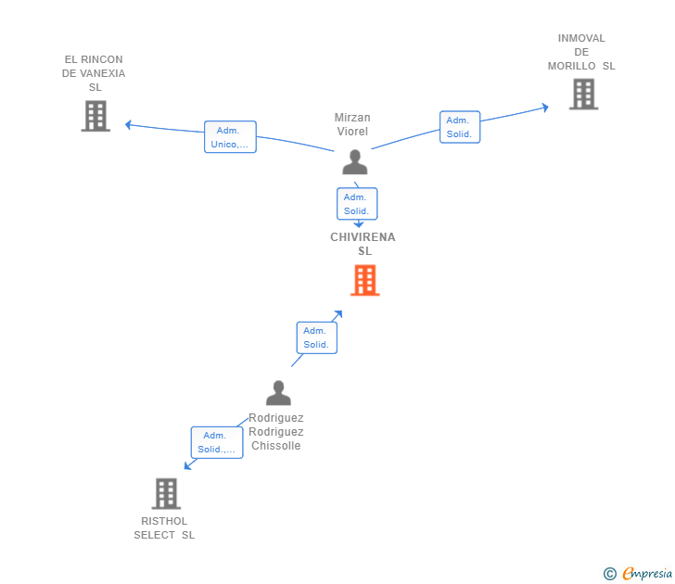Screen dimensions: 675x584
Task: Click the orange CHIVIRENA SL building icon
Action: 365,280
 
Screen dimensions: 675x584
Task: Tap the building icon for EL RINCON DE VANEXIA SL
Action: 96,116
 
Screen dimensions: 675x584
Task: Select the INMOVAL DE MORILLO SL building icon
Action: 584,94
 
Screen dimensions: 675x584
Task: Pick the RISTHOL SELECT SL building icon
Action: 166,494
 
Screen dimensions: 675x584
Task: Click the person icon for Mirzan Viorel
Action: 355,162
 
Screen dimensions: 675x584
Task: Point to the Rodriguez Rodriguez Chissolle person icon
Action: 278,393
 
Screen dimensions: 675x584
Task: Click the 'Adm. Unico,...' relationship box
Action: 230,137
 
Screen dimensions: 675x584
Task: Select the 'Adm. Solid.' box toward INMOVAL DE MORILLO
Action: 460,127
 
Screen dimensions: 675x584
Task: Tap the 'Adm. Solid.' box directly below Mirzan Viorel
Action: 357,204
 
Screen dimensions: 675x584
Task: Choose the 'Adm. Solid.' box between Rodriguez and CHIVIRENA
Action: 317,337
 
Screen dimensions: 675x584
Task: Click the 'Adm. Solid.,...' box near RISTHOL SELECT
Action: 217,442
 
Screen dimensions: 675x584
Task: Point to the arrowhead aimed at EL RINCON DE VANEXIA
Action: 128,125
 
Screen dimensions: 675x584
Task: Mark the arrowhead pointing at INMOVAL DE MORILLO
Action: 545,108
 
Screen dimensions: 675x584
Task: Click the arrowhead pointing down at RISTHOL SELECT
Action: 187,466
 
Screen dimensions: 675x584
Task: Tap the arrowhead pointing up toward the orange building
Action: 338,314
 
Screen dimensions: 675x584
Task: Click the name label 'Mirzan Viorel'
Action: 352,124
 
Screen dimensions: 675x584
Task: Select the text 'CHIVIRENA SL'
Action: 363,244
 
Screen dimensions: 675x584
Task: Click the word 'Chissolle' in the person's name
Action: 276,446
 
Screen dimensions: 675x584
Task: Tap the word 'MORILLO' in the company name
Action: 572,66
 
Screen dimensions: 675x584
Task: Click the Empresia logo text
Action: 647,573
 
